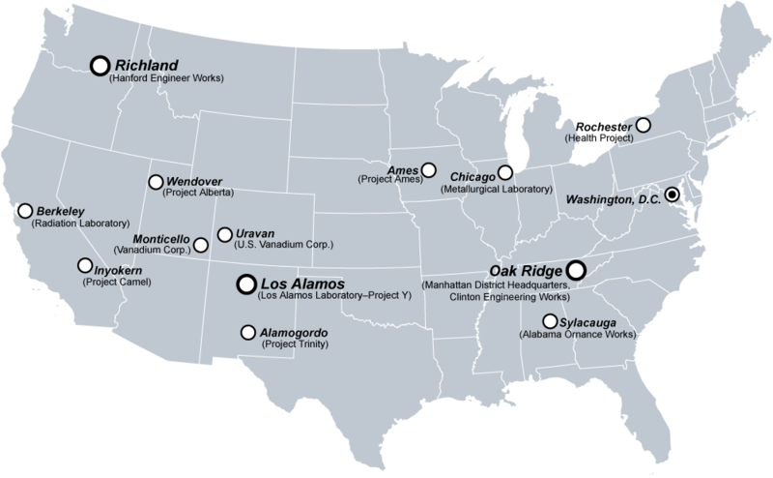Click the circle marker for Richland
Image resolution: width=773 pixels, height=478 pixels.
point(99,65)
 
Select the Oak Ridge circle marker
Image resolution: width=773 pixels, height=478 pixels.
point(577,271)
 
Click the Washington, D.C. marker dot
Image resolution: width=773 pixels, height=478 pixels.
point(673,194)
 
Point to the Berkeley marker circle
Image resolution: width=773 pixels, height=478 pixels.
point(25,210)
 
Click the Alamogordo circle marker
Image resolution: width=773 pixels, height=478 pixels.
point(248,332)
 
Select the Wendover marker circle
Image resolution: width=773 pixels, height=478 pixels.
point(156,181)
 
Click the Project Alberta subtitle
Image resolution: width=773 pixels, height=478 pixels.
point(201,192)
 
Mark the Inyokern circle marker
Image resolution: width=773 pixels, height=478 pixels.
point(84,264)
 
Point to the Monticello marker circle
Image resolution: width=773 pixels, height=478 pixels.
point(200,244)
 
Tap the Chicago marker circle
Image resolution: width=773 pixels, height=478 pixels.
point(503,174)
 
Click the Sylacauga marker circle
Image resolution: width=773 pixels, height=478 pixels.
point(550,321)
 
